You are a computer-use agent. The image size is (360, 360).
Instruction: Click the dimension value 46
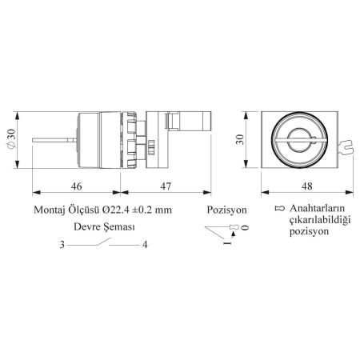click(76, 186)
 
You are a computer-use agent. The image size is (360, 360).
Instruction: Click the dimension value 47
click(166, 186)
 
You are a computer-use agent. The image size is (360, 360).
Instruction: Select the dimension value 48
click(307, 186)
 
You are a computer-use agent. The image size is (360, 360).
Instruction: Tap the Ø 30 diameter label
click(11, 139)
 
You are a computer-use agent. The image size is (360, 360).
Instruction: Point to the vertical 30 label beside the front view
click(240, 139)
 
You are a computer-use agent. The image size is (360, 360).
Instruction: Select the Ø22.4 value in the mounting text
click(114, 210)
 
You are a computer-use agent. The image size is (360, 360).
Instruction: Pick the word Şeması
click(119, 227)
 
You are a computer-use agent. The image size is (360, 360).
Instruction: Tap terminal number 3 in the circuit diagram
click(62, 245)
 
